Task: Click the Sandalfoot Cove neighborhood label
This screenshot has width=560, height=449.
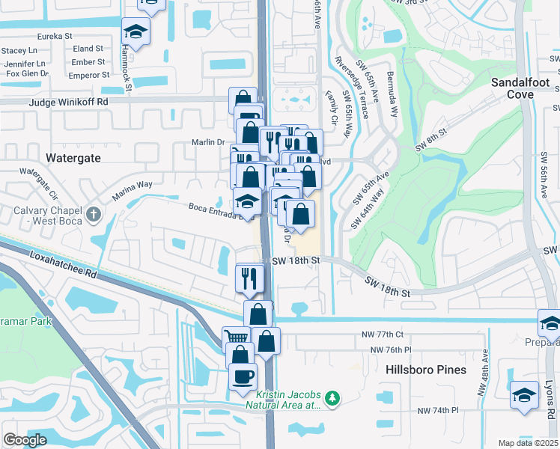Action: [x=523, y=88]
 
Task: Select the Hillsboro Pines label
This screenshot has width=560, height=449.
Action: [x=426, y=370]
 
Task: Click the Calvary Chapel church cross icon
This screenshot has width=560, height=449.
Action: [x=93, y=216]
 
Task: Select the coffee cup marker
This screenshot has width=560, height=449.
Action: [x=242, y=375]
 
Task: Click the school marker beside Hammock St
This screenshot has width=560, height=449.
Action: [x=136, y=31]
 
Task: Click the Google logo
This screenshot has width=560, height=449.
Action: [x=25, y=440]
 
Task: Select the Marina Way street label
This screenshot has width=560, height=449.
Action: [x=132, y=190]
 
